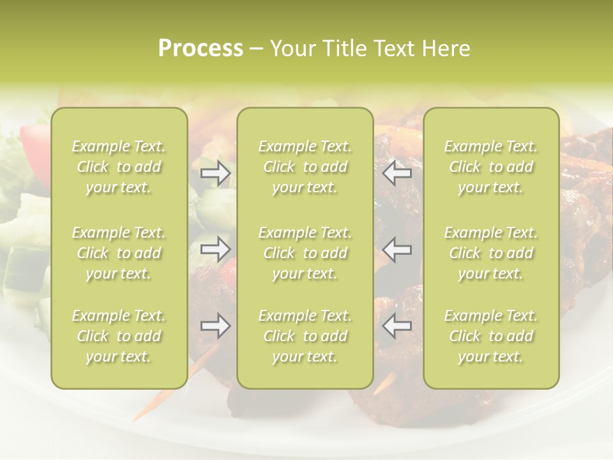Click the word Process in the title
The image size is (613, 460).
(x=201, y=49)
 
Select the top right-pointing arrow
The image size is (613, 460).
(x=216, y=173)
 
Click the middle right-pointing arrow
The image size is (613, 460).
(x=216, y=249)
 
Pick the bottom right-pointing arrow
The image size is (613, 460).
(x=216, y=326)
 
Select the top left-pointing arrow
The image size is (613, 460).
(x=397, y=173)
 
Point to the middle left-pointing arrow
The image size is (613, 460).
(x=397, y=249)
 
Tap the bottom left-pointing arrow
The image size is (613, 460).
(x=397, y=326)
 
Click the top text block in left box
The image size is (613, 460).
(x=119, y=167)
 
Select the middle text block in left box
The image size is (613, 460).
(x=119, y=253)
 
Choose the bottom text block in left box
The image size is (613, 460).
(x=119, y=336)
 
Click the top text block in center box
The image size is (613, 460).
(x=305, y=167)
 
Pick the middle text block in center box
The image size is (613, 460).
(x=305, y=253)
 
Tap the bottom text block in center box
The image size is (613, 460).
(x=305, y=336)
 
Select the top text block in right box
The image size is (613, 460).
(x=491, y=167)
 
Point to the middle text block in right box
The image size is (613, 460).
(x=491, y=253)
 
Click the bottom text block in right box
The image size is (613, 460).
(x=491, y=336)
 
